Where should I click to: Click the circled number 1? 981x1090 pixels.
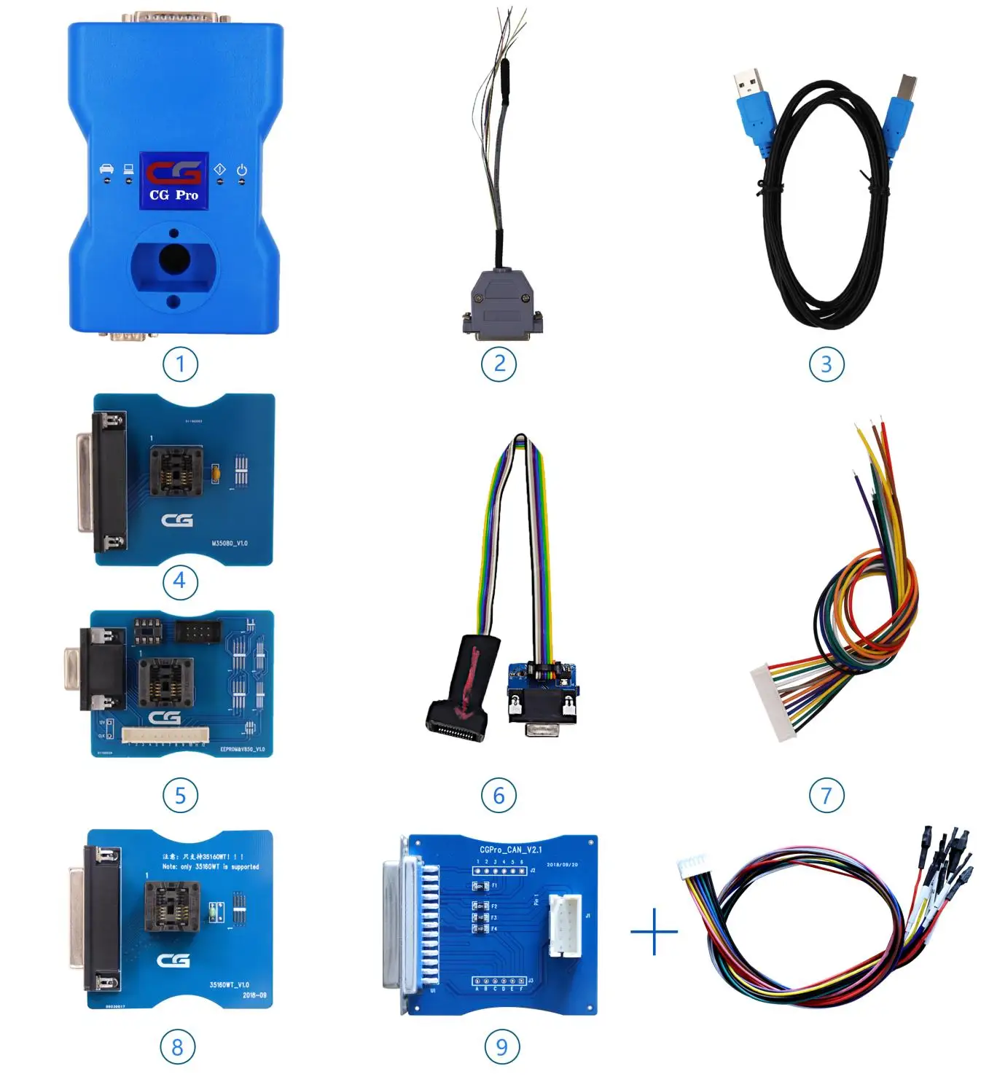tap(180, 364)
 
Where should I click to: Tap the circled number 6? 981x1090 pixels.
tap(499, 795)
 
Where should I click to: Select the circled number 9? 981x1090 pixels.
tap(501, 1047)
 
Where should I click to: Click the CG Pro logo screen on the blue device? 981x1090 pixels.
tap(174, 180)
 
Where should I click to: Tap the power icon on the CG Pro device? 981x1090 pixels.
tap(241, 170)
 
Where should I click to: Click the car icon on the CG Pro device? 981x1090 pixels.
tap(106, 170)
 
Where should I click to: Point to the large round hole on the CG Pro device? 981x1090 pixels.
tap(174, 259)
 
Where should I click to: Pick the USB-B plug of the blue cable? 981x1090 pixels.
tap(900, 109)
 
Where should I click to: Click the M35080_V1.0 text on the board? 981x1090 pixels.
tap(230, 544)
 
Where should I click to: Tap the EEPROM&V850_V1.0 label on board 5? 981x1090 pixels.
tap(243, 749)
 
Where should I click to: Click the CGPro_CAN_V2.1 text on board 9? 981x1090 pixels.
tap(510, 850)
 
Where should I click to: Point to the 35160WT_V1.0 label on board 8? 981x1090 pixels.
tap(229, 984)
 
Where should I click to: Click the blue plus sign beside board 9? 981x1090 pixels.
tap(654, 931)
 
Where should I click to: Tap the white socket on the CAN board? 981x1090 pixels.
tap(565, 925)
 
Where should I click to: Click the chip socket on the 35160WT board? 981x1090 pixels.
tap(170, 908)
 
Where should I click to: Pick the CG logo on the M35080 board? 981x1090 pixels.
tap(177, 520)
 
